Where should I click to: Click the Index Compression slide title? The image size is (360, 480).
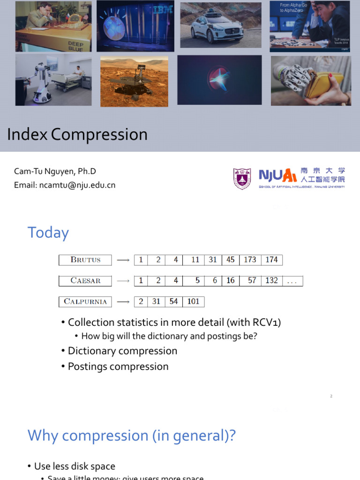pos(77,135)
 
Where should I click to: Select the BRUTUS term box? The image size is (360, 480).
pos(85,260)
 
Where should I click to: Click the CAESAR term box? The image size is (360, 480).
pos(85,281)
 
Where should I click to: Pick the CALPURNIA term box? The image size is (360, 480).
pos(85,301)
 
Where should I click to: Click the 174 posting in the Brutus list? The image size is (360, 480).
pos(271,260)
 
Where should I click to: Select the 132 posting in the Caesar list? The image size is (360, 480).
pos(271,281)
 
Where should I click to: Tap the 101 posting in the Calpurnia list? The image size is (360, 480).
pos(193,301)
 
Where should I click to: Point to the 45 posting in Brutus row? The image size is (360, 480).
pos(230,260)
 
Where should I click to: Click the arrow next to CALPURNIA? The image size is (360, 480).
pos(123,301)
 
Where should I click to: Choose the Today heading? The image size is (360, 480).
pos(48,232)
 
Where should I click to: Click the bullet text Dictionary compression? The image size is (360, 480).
pos(122,351)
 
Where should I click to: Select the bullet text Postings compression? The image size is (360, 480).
pos(118,367)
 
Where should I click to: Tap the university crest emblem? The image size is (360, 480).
pos(242,179)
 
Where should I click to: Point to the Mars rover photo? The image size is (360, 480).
pos(134,81)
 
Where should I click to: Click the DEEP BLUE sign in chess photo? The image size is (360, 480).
pos(75,45)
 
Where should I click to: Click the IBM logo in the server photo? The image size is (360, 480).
pos(162,9)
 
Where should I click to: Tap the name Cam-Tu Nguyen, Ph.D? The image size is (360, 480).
pos(55,172)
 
